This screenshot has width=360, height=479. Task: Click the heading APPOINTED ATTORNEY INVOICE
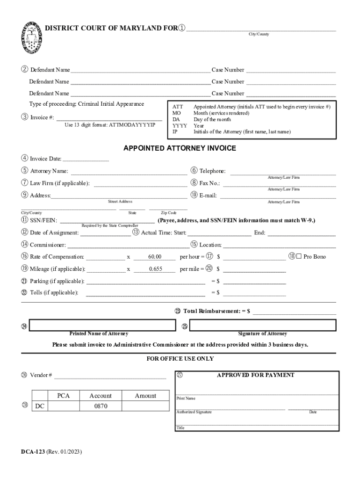coord(180,148)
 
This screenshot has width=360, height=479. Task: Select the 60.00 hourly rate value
coord(155,257)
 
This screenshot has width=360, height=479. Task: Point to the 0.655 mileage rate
coord(155,269)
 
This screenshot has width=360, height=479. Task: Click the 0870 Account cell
coord(101,406)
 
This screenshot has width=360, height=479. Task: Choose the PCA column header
coord(64,396)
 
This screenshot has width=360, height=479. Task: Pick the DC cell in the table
coord(40,406)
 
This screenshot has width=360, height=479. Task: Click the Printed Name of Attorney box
coord(99,325)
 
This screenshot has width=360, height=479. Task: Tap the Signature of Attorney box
coord(262,325)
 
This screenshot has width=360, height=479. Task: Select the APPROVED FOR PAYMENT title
coord(255,375)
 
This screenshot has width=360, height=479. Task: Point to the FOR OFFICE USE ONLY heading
coord(180,359)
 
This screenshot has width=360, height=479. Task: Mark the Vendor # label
coord(41,375)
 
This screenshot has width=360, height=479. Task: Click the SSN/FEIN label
coord(43,220)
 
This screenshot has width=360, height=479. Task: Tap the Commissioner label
coord(47,245)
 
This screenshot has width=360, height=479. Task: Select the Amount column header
coord(145,396)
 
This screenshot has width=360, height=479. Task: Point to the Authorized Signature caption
coord(194,412)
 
